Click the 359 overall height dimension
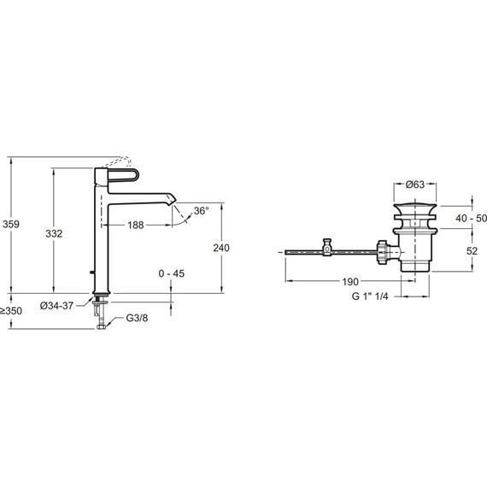[x=11, y=224]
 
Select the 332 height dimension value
[x=54, y=233]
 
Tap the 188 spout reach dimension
[x=136, y=225]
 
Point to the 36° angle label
[x=202, y=211]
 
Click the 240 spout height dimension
[x=221, y=248]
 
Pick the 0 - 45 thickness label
[x=172, y=273]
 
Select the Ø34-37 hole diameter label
[x=57, y=306]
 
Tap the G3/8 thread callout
[x=137, y=318]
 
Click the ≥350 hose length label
[x=11, y=311]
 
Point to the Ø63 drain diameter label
[x=415, y=185]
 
